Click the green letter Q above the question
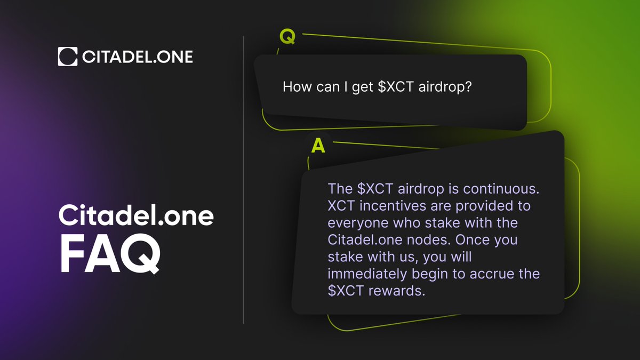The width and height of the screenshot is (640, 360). coord(287,38)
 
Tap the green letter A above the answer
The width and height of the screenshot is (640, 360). coord(318,146)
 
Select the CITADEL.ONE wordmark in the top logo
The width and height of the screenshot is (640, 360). coord(138,57)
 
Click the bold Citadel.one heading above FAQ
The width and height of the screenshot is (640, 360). coord(135,216)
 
